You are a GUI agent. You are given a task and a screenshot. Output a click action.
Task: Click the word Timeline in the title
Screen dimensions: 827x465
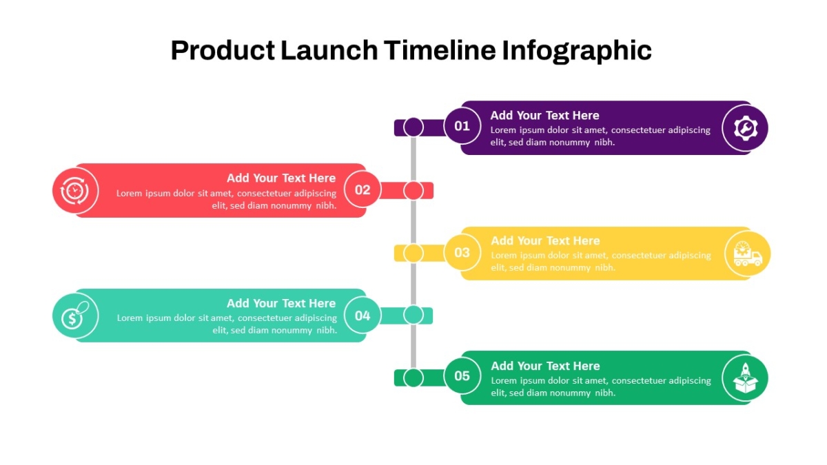tap(440, 50)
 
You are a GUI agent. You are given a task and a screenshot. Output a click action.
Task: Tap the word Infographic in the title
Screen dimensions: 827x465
tap(577, 51)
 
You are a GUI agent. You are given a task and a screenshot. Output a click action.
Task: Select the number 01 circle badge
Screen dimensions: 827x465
tap(462, 126)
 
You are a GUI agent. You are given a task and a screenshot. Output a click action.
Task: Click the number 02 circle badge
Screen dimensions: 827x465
tap(363, 189)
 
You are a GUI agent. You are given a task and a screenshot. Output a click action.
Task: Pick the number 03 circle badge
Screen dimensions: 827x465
tap(462, 252)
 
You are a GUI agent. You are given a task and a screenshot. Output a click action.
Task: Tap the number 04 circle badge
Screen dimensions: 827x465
tap(363, 316)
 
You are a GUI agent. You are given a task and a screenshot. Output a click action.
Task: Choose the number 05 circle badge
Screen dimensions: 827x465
tap(462, 375)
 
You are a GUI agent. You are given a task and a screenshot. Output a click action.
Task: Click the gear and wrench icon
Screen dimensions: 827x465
tap(746, 128)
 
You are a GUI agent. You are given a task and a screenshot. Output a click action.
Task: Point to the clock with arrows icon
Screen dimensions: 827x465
tap(74, 190)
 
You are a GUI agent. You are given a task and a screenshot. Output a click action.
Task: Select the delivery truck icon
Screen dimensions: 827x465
tap(748, 254)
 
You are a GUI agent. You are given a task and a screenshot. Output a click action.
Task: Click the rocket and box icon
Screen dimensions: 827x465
tap(746, 378)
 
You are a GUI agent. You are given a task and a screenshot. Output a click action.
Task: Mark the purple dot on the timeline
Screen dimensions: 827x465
tap(413, 127)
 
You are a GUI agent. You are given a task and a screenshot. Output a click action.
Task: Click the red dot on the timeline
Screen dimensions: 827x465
tap(413, 190)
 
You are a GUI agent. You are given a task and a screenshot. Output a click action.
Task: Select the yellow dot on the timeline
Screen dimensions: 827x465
tap(413, 254)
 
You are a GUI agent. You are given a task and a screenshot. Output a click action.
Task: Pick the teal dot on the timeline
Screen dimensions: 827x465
tap(413, 315)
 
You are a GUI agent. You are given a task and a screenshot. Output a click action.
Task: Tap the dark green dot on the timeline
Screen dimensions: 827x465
tap(413, 378)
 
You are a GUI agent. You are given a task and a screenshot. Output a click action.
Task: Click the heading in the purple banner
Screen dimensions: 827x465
tap(544, 116)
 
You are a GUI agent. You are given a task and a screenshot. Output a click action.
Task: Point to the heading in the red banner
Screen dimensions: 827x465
tap(281, 178)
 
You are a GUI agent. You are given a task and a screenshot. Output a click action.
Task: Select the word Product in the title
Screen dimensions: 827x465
tap(223, 50)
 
